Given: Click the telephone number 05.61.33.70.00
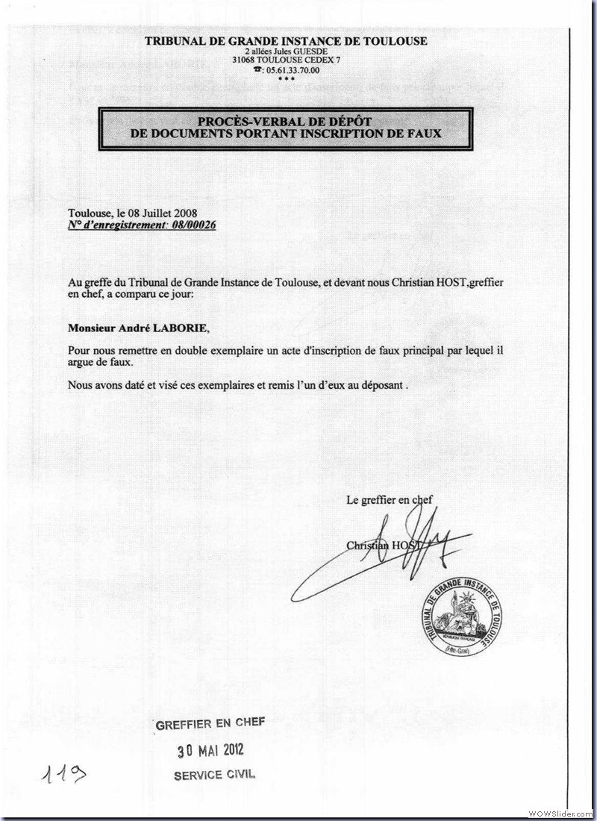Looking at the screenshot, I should coord(292,70).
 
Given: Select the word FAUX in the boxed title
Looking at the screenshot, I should coord(420,134).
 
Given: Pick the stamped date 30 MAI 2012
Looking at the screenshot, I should coord(210,750).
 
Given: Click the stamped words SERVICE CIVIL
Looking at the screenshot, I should coord(214,774).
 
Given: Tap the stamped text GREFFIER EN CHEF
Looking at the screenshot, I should coord(209,724).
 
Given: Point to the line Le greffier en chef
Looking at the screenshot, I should coord(389,500).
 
